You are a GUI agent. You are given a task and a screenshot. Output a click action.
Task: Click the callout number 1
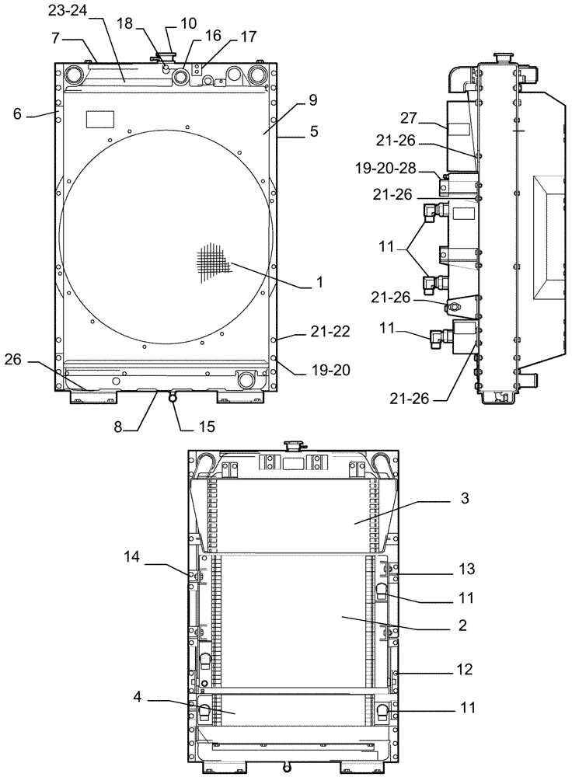pos(318,284)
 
